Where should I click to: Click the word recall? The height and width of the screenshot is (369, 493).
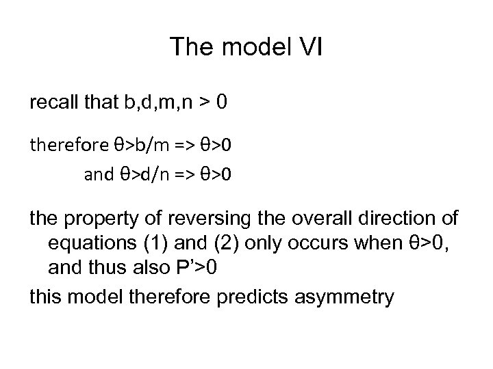(53, 104)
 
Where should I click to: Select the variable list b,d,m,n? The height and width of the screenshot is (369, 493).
(151, 104)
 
